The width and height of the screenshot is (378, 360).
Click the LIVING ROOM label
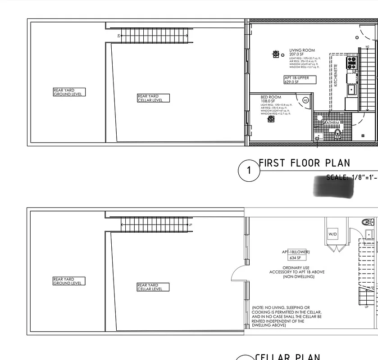302,50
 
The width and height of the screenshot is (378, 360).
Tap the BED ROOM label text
271,97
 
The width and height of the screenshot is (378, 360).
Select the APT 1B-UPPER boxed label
300,80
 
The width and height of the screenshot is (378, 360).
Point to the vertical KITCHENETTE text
335,76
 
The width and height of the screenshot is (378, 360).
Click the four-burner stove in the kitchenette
351,62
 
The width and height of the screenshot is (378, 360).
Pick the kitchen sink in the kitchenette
351,90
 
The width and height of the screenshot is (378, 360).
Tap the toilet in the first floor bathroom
337,132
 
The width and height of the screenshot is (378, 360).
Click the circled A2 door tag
305,100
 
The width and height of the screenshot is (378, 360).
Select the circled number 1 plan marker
249,171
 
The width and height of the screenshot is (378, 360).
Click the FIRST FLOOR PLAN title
304,163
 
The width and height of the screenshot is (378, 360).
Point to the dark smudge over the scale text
333,185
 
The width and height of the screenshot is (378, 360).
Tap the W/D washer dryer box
332,234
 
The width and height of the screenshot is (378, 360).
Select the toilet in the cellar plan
367,222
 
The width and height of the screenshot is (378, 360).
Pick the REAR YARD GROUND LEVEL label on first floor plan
68,92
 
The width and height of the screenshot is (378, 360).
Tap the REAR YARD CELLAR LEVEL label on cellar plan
153,287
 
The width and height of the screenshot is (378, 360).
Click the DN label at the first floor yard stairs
118,35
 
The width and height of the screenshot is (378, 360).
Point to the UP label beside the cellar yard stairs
191,225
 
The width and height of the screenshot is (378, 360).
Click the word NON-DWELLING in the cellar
298,277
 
